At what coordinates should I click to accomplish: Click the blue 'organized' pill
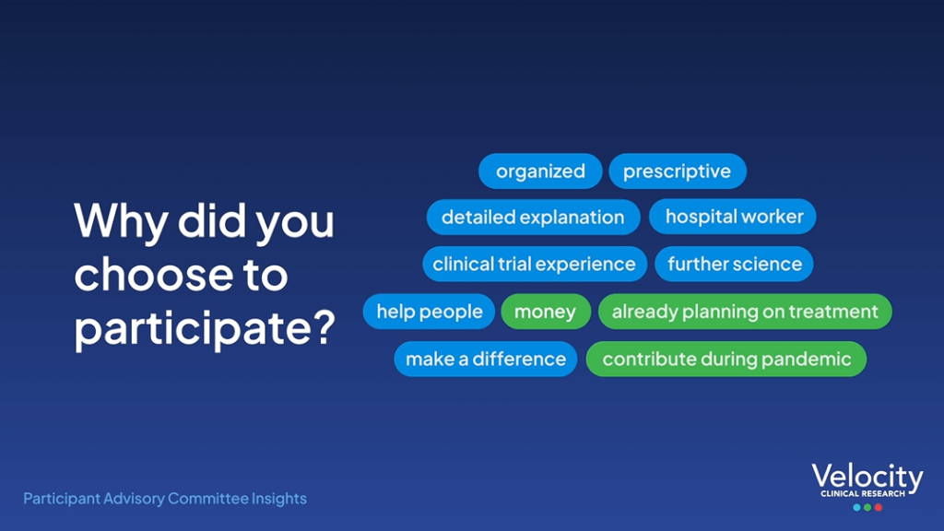tap(540, 171)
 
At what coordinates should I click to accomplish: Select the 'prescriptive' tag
tap(678, 171)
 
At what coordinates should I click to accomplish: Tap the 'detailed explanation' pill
tap(533, 217)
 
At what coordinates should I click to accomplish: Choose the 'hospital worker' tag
tap(733, 216)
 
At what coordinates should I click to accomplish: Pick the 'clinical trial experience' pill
tap(535, 264)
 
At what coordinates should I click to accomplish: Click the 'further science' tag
tap(734, 264)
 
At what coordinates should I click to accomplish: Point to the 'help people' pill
tap(429, 312)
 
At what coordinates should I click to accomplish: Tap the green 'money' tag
tap(546, 312)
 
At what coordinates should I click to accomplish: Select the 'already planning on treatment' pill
tap(745, 312)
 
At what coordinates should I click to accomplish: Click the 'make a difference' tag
tap(485, 359)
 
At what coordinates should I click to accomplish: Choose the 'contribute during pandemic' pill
tap(726, 359)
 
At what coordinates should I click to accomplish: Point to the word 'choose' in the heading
tap(153, 274)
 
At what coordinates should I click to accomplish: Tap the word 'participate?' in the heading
tap(204, 329)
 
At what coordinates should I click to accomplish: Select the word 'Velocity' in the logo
tap(867, 477)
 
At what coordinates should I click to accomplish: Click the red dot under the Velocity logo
tap(879, 508)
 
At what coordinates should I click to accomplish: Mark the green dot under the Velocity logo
tap(867, 508)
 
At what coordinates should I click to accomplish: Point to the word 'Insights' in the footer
tap(278, 499)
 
